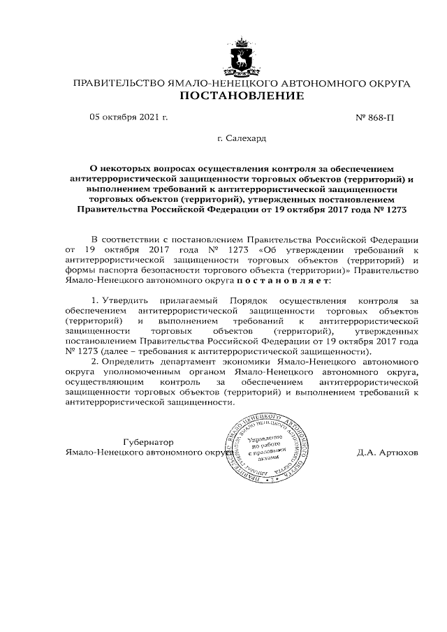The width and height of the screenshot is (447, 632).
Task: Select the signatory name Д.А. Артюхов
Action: point(386,452)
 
